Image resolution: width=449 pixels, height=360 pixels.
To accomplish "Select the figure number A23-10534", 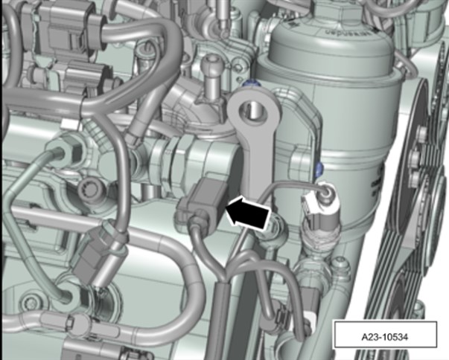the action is (384, 338).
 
